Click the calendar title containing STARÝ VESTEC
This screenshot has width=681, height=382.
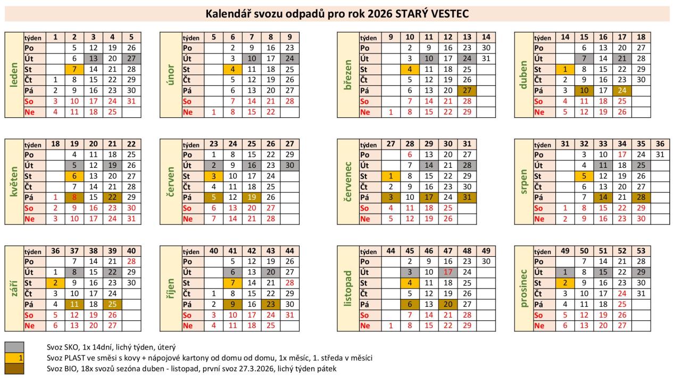[337, 14]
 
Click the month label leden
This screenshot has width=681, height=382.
[14, 75]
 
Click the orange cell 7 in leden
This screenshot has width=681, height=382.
[74, 70]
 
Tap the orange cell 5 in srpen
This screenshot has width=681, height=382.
[583, 176]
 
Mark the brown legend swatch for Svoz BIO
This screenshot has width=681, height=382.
[14, 368]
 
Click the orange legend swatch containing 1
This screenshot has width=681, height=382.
[14, 357]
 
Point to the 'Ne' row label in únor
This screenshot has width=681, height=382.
[188, 112]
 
